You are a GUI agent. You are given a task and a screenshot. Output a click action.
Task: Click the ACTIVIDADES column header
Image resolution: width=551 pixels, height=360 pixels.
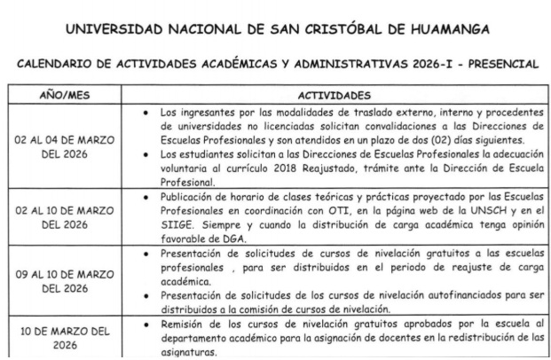tap(336, 92)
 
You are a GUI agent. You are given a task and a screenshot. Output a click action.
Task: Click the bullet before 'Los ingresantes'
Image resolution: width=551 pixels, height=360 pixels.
tap(145, 113)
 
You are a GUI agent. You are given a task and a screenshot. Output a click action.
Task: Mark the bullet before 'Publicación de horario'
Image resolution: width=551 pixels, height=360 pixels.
tap(145, 196)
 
